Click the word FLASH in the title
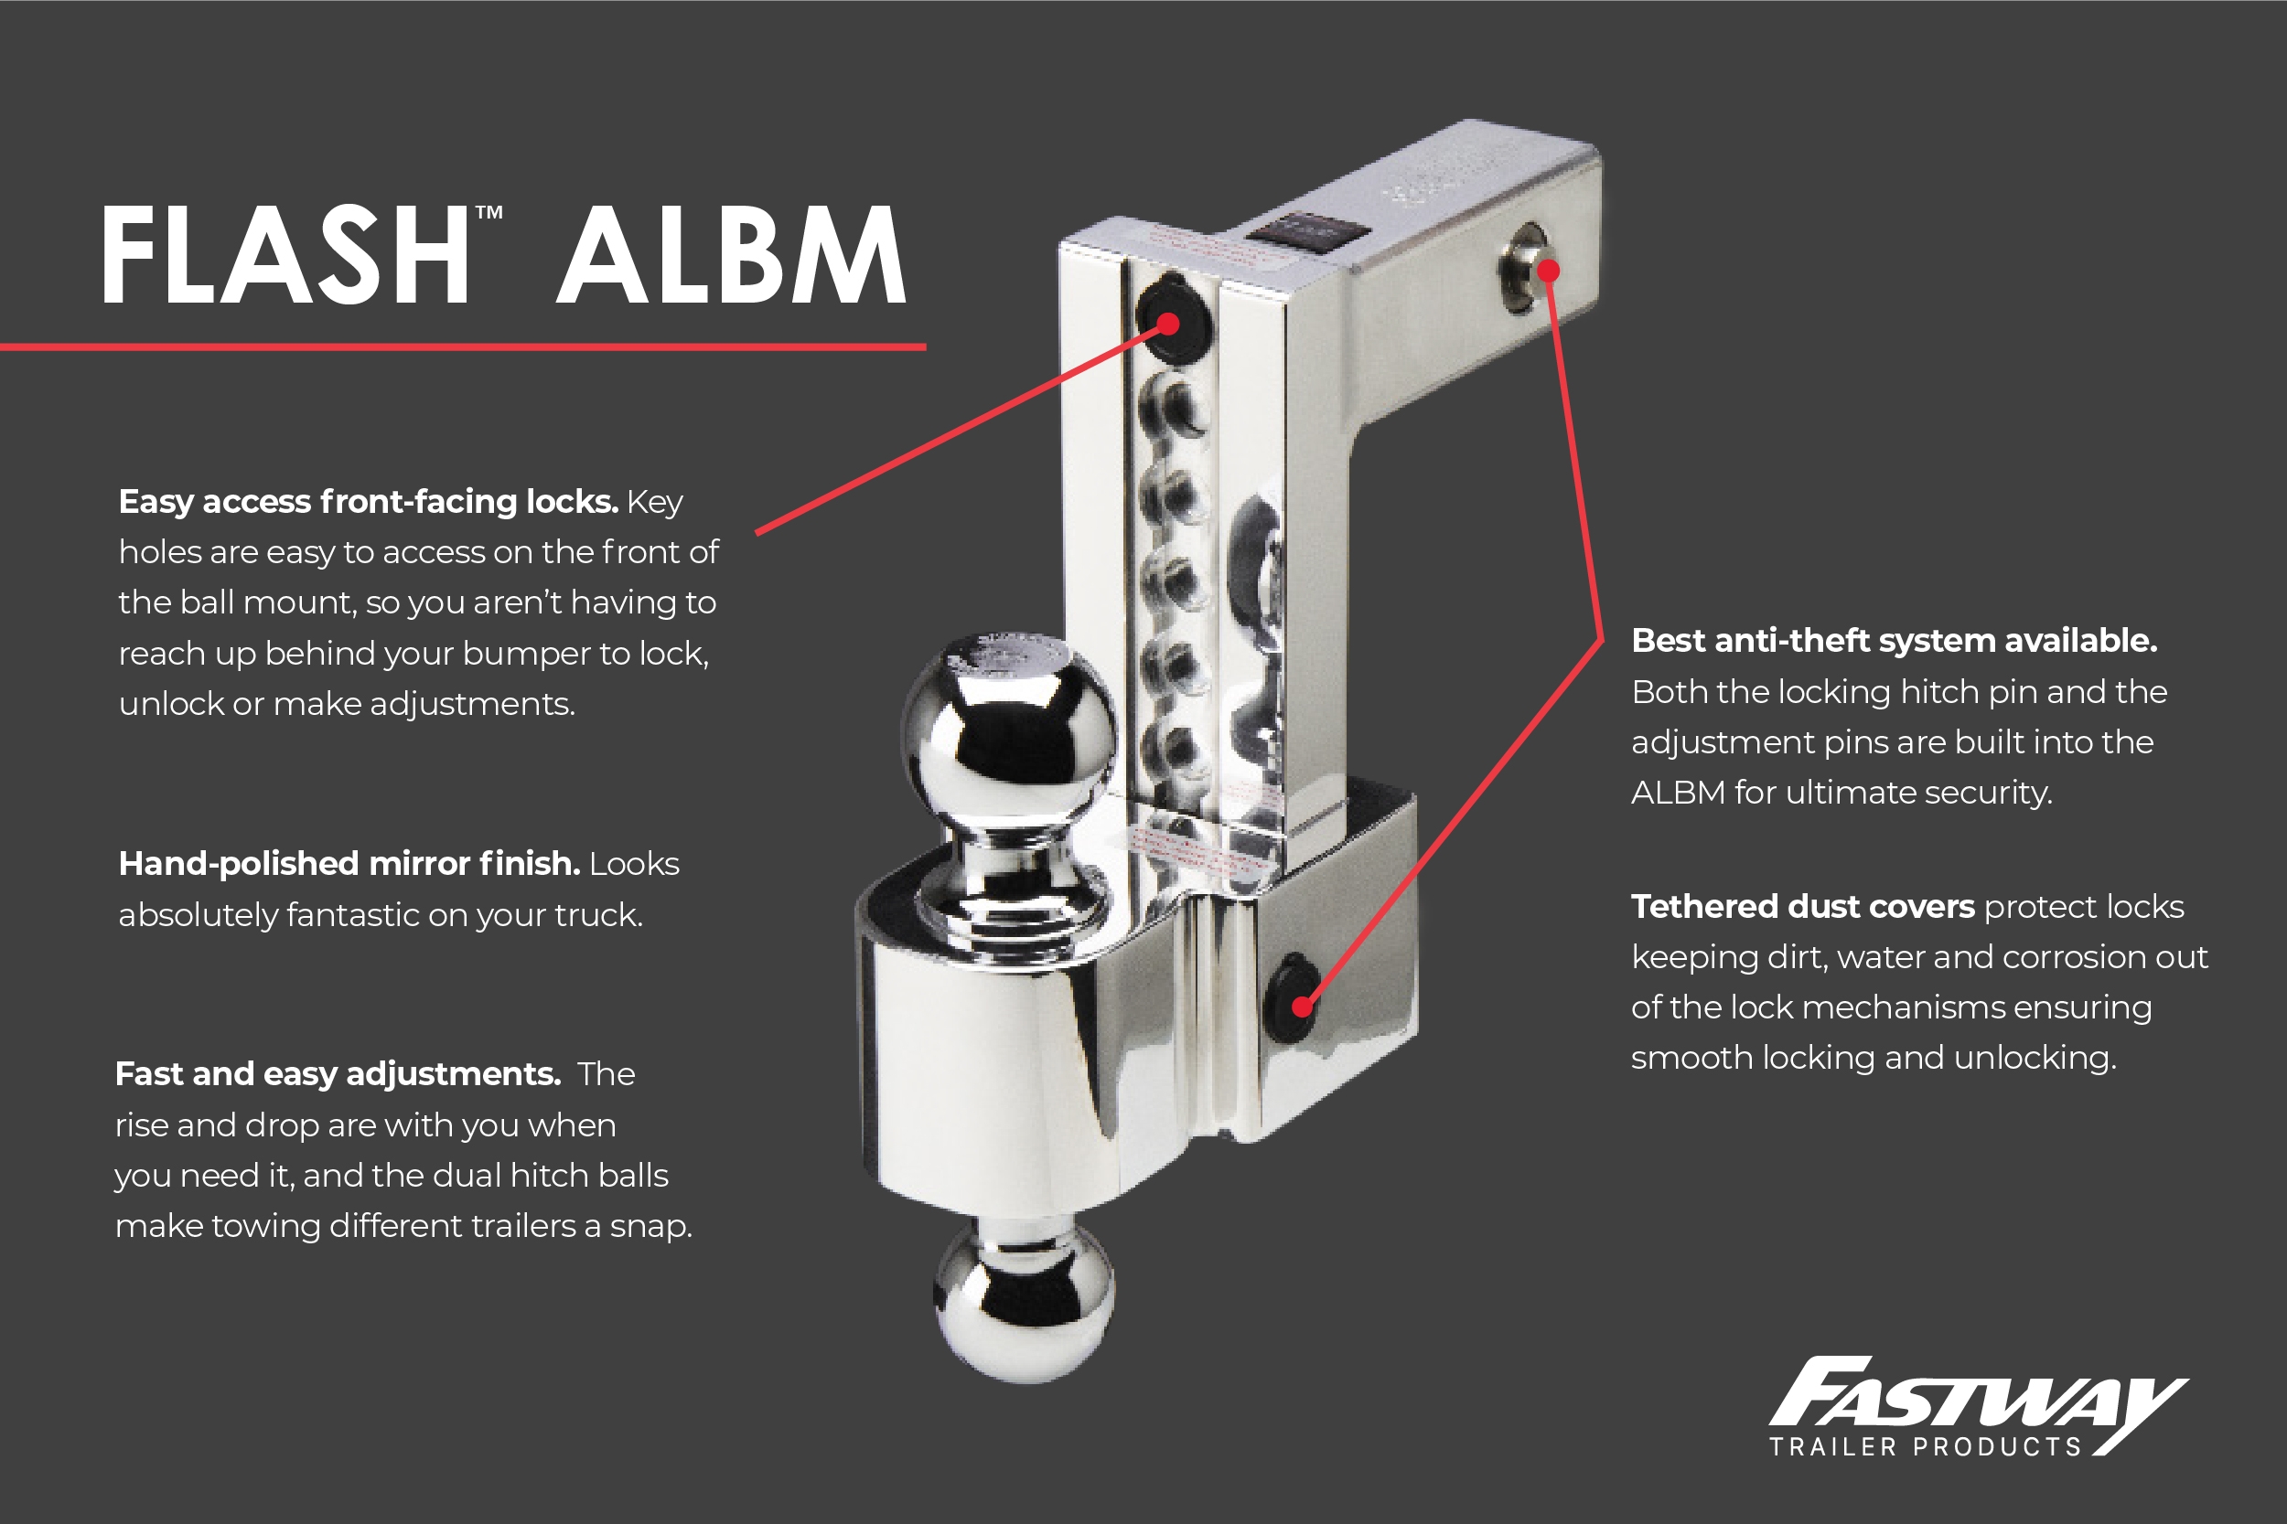(x=284, y=256)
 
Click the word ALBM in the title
(x=731, y=256)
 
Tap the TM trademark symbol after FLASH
(x=489, y=213)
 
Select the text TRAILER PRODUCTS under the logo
(x=1925, y=1447)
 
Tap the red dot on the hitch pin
(x=1549, y=271)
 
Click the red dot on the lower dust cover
(x=1303, y=1007)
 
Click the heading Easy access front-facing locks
(x=368, y=502)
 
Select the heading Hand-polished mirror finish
(x=349, y=863)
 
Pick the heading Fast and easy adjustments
(x=338, y=1073)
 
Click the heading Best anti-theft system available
(x=1895, y=641)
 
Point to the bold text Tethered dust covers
(x=1803, y=906)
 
